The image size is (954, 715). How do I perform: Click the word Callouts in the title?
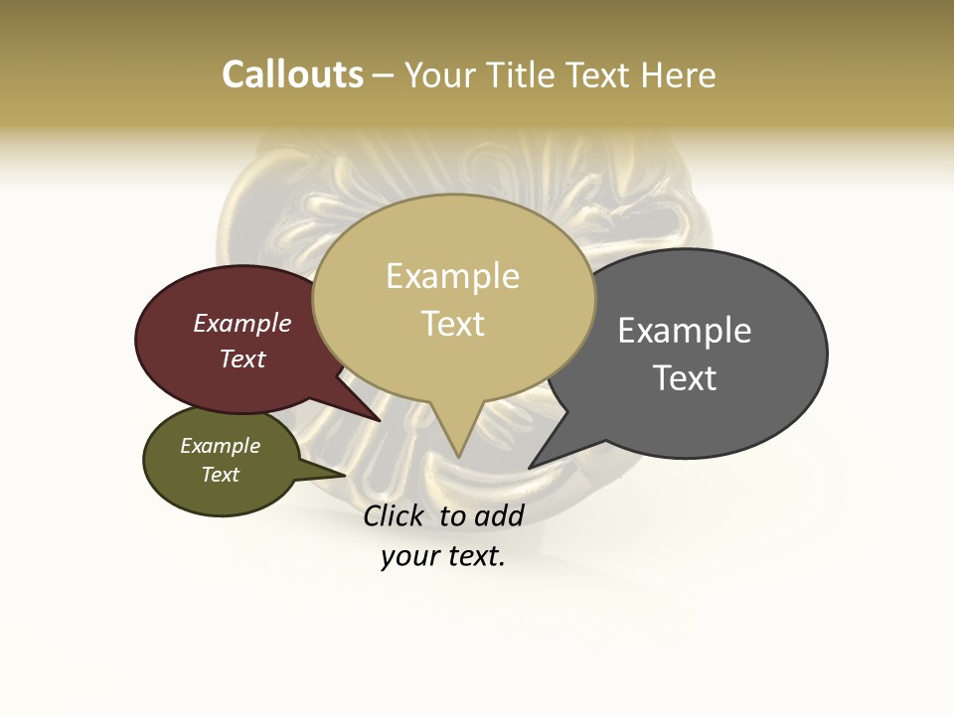pyautogui.click(x=292, y=74)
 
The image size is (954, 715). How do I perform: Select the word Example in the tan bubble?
pyautogui.click(x=452, y=276)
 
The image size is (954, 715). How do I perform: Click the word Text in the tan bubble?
pyautogui.click(x=452, y=323)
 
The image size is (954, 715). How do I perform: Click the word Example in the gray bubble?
pyautogui.click(x=685, y=331)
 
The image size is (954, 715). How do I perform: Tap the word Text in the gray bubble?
pyautogui.click(x=685, y=378)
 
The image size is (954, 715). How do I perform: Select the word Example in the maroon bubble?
pyautogui.click(x=242, y=323)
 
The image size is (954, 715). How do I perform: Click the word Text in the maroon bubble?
pyautogui.click(x=242, y=359)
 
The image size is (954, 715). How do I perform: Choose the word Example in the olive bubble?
pyautogui.click(x=220, y=446)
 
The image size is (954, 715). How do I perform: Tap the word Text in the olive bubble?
pyautogui.click(x=220, y=475)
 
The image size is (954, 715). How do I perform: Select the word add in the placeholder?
pyautogui.click(x=499, y=515)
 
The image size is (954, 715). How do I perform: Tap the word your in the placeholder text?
pyautogui.click(x=408, y=556)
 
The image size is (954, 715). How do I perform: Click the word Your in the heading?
pyautogui.click(x=438, y=74)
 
